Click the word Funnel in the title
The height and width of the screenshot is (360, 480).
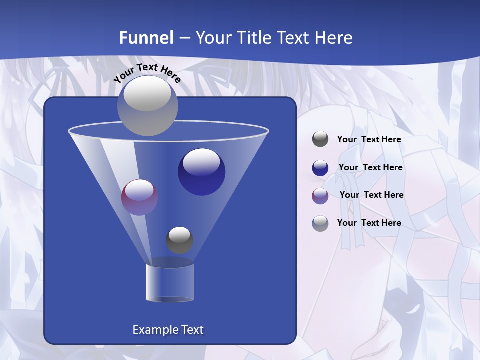[x=146, y=37]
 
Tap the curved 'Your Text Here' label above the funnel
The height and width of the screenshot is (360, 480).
[x=147, y=72]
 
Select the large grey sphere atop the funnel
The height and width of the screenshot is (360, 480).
[x=147, y=106]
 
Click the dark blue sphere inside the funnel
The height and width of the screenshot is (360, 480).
[x=201, y=172]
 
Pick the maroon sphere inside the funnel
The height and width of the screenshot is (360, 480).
[x=139, y=197]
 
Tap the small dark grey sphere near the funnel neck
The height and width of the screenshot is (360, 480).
[x=179, y=240]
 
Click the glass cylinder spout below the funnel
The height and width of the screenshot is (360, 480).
[x=169, y=283]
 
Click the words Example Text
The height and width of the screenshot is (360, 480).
[x=168, y=330]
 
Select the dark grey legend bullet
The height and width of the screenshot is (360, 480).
[x=320, y=139]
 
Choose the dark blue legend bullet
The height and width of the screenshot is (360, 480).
[x=320, y=168]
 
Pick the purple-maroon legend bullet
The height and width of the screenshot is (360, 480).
[x=320, y=196]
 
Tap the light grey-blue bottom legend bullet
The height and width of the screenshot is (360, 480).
[x=320, y=223]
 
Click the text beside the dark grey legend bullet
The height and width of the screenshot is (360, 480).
[x=369, y=139]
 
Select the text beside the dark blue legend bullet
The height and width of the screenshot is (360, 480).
[x=370, y=167]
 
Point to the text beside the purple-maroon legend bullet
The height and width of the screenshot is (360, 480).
[x=371, y=195]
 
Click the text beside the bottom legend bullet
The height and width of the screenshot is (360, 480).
[x=369, y=223]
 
